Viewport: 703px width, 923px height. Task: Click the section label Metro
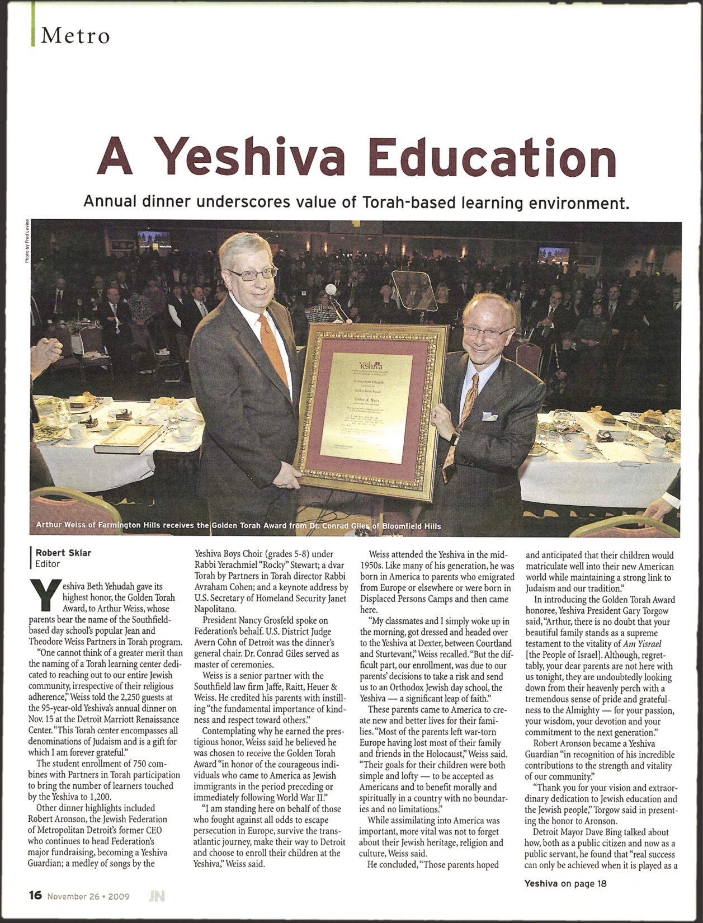(75, 36)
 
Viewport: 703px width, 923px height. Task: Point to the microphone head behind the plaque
(331, 289)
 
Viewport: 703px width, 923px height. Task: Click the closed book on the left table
(121, 439)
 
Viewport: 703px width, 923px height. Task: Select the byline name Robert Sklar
(63, 553)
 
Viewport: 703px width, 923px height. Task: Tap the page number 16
(35, 896)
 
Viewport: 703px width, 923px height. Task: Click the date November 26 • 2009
(88, 896)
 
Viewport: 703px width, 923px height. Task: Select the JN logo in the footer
(157, 896)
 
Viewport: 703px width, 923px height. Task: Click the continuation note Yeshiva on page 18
(565, 883)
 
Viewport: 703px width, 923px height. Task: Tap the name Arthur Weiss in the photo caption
(62, 525)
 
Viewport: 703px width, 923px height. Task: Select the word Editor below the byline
(48, 564)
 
